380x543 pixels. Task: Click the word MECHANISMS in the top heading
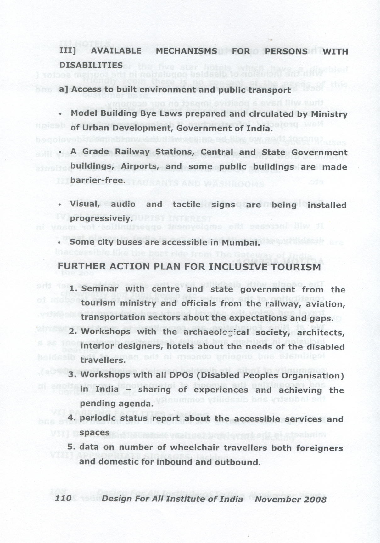tap(187, 51)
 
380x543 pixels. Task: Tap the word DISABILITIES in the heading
tap(91, 65)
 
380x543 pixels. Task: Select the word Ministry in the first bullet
tap(329, 114)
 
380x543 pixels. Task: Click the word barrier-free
tap(98, 181)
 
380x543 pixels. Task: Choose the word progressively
tap(99, 219)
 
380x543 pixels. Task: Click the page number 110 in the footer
tap(63, 499)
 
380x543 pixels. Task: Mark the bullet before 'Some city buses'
tap(59, 243)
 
